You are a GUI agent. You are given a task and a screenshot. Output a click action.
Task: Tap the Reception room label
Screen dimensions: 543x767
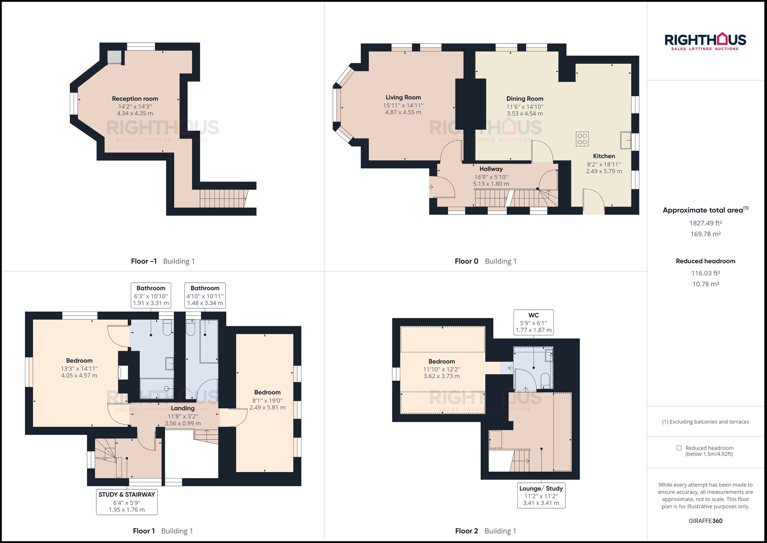pos(135,99)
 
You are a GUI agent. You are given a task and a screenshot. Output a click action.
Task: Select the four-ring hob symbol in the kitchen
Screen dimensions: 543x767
pos(582,139)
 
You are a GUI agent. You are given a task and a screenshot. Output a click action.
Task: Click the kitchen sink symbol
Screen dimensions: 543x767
pos(625,140)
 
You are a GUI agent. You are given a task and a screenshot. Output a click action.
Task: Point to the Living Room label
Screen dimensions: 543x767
pos(403,97)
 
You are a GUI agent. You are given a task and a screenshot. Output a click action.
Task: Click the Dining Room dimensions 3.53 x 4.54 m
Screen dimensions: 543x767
pos(525,114)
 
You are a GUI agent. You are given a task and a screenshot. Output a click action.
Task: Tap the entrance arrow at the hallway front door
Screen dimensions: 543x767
pos(431,187)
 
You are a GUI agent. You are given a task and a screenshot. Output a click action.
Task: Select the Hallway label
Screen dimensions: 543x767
pos(491,169)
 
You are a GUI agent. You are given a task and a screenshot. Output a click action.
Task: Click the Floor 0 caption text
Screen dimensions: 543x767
pos(466,261)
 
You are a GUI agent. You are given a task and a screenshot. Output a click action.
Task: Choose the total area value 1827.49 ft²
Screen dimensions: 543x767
pos(705,223)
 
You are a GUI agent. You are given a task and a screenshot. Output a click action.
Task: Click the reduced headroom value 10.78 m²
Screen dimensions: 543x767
pos(705,284)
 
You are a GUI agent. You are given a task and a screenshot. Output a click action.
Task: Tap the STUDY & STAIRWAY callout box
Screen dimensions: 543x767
pos(127,502)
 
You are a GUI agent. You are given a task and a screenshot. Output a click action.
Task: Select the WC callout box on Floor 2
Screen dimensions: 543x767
pos(533,322)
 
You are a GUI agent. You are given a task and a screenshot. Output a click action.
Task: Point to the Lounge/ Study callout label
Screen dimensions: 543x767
pos(541,489)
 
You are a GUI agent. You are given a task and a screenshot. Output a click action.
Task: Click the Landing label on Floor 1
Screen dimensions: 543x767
pos(183,408)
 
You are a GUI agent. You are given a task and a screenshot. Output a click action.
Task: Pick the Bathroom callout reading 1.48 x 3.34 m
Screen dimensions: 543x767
pos(205,295)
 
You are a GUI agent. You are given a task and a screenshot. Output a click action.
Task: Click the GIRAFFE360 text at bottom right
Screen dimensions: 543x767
pos(705,521)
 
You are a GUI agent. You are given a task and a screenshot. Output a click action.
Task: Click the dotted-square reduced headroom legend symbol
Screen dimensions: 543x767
pos(679,448)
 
